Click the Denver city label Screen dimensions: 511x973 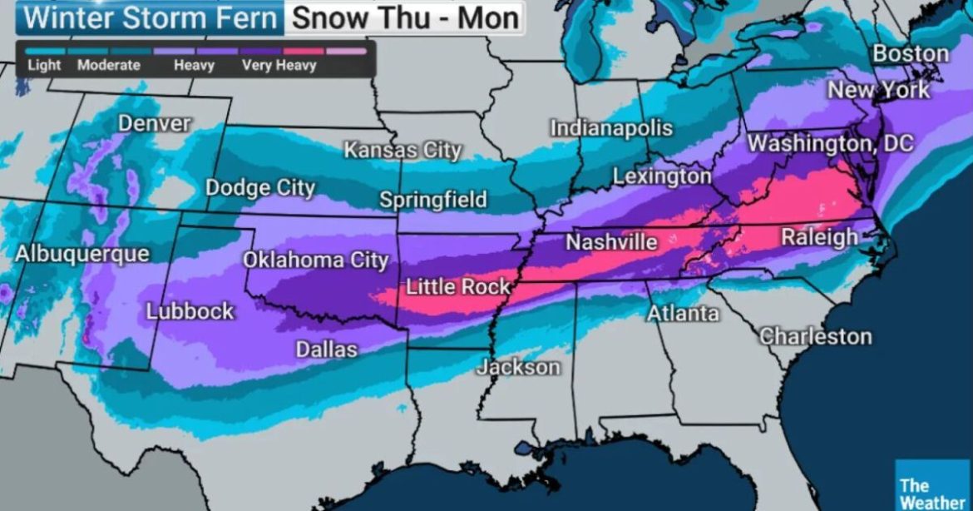tap(155, 124)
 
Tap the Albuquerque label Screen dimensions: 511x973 tap(82, 254)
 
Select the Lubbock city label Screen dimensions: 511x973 tap(190, 312)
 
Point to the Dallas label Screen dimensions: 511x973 tap(327, 350)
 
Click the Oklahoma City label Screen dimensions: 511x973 tap(315, 260)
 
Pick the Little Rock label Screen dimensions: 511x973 tap(457, 287)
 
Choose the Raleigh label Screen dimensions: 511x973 tap(819, 237)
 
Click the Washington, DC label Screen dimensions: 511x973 tap(830, 143)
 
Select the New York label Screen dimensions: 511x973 tap(878, 90)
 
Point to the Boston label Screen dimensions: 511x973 tap(911, 54)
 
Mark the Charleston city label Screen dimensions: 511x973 tap(815, 336)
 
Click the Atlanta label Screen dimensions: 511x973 tap(683, 314)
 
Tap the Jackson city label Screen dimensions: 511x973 tap(518, 367)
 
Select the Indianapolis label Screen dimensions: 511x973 tap(611, 129)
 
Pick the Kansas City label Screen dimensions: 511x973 tap(403, 151)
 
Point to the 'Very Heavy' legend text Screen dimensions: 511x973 tap(279, 65)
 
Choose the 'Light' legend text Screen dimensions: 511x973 tap(44, 65)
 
